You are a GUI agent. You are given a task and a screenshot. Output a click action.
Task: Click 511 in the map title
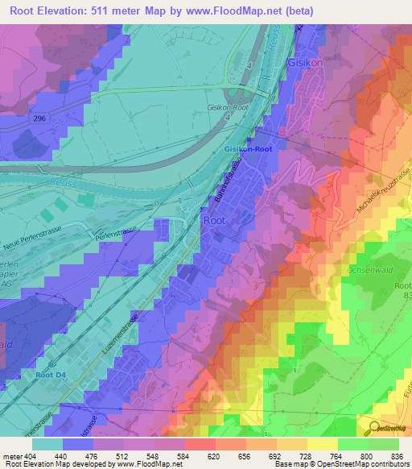(x=122, y=10)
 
